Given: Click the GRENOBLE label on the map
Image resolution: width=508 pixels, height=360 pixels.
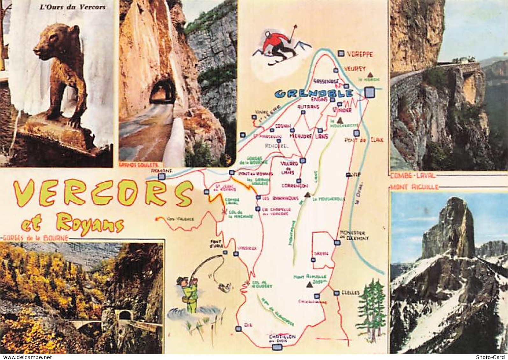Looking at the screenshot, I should click(314, 94).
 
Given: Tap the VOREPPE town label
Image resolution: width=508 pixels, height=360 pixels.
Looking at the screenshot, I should click(360, 54).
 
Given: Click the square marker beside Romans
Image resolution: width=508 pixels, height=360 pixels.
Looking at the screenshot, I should click(162, 176).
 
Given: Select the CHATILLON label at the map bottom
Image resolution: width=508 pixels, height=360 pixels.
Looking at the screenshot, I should click(282, 337).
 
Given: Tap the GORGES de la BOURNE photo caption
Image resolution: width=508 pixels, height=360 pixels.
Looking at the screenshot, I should click(35, 238).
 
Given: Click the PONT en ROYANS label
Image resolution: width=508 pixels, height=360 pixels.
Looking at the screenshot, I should click(255, 174).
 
